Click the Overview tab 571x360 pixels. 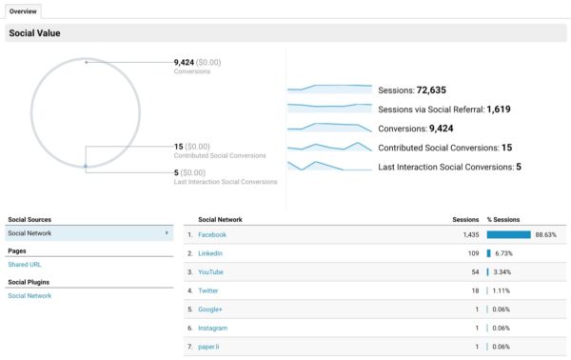(24, 10)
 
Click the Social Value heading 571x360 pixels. (35, 34)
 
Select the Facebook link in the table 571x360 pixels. (212, 234)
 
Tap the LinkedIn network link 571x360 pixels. (210, 253)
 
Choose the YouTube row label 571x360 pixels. (211, 271)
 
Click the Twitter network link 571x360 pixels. (209, 290)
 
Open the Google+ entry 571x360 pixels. (211, 309)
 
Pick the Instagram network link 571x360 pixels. (213, 328)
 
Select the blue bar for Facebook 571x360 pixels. (508, 234)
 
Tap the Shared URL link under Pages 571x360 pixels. (25, 264)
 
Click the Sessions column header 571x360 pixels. (465, 219)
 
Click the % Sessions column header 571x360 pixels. (503, 219)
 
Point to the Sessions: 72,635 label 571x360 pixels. (418, 90)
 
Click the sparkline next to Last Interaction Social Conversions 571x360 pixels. (329, 166)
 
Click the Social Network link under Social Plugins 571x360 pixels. (30, 296)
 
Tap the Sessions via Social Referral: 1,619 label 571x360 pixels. (444, 110)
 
